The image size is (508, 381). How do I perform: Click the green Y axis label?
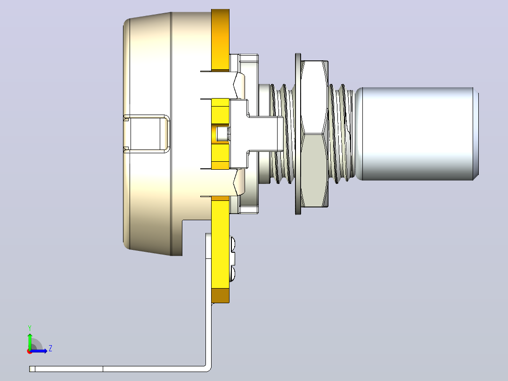[x=30, y=328]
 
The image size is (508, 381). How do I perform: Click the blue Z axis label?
[x=50, y=348]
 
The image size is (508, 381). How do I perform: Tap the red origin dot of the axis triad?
[x=30, y=351]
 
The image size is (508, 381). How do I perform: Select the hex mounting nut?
[x=314, y=133]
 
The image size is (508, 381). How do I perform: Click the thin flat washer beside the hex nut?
[x=298, y=134]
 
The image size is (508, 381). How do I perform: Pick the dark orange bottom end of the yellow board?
[x=221, y=296]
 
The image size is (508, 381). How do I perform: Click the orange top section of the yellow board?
[x=221, y=40]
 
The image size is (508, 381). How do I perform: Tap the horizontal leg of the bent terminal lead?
[x=117, y=369]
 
